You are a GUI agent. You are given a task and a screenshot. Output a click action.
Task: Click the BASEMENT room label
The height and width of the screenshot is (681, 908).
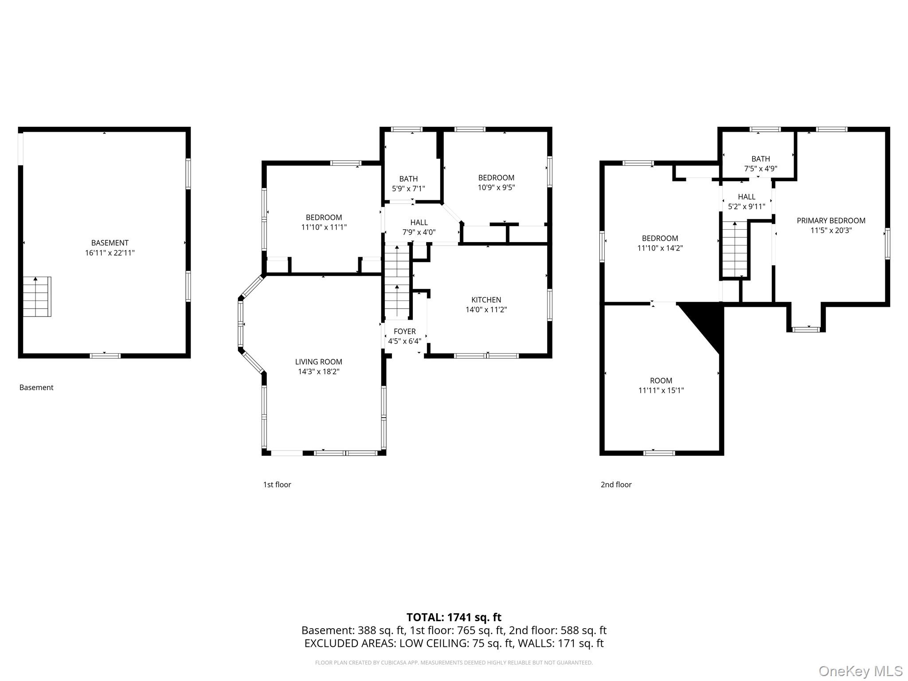(x=110, y=243)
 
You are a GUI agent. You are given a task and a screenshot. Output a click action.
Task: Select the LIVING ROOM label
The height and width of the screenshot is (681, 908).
(x=319, y=362)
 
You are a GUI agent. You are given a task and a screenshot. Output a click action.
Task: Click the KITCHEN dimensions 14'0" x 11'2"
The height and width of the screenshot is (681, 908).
(x=486, y=309)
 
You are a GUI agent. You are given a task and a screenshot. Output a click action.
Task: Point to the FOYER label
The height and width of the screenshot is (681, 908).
(x=405, y=331)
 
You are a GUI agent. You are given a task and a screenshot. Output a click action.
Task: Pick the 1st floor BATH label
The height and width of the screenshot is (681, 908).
(x=408, y=179)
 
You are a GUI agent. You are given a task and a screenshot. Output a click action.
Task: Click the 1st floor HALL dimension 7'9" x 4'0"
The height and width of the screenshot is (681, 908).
(x=419, y=232)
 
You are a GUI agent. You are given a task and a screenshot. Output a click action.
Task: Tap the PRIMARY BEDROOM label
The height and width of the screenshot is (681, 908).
(x=831, y=220)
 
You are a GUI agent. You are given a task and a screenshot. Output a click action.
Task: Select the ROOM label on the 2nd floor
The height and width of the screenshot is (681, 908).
(x=661, y=380)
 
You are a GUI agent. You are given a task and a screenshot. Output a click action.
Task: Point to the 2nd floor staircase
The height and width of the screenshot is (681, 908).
(x=735, y=249)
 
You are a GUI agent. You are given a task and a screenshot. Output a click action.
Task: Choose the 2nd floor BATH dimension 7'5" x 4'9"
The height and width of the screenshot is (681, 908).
(x=761, y=168)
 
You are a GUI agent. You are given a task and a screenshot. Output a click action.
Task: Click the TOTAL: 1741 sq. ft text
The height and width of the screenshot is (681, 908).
(x=454, y=617)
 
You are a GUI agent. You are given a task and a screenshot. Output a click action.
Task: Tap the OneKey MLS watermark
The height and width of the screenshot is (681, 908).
(x=861, y=671)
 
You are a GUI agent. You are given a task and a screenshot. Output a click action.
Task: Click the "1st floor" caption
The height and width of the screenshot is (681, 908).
(x=277, y=485)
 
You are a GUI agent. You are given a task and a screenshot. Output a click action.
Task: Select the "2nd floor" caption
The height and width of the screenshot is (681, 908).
(x=616, y=485)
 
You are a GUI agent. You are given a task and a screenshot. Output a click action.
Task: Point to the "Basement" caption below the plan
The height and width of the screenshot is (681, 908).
(x=36, y=387)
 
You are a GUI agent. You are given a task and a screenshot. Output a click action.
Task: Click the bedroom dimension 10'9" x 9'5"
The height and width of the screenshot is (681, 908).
(x=496, y=187)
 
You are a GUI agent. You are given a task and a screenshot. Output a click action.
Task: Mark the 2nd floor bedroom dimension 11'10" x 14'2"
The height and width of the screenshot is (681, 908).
(x=660, y=248)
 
